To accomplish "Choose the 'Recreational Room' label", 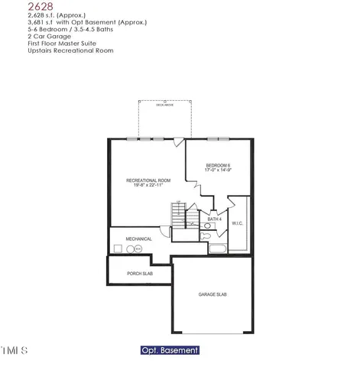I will (148, 180).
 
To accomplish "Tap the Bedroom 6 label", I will (218, 166).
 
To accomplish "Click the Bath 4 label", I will (215, 219).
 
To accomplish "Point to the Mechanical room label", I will (139, 239).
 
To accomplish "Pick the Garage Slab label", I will (212, 294).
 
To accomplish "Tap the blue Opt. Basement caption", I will (170, 350).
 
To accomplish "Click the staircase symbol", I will (178, 216).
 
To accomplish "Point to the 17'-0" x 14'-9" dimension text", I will (218, 171).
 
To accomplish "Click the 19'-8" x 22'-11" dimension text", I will (148, 185).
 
